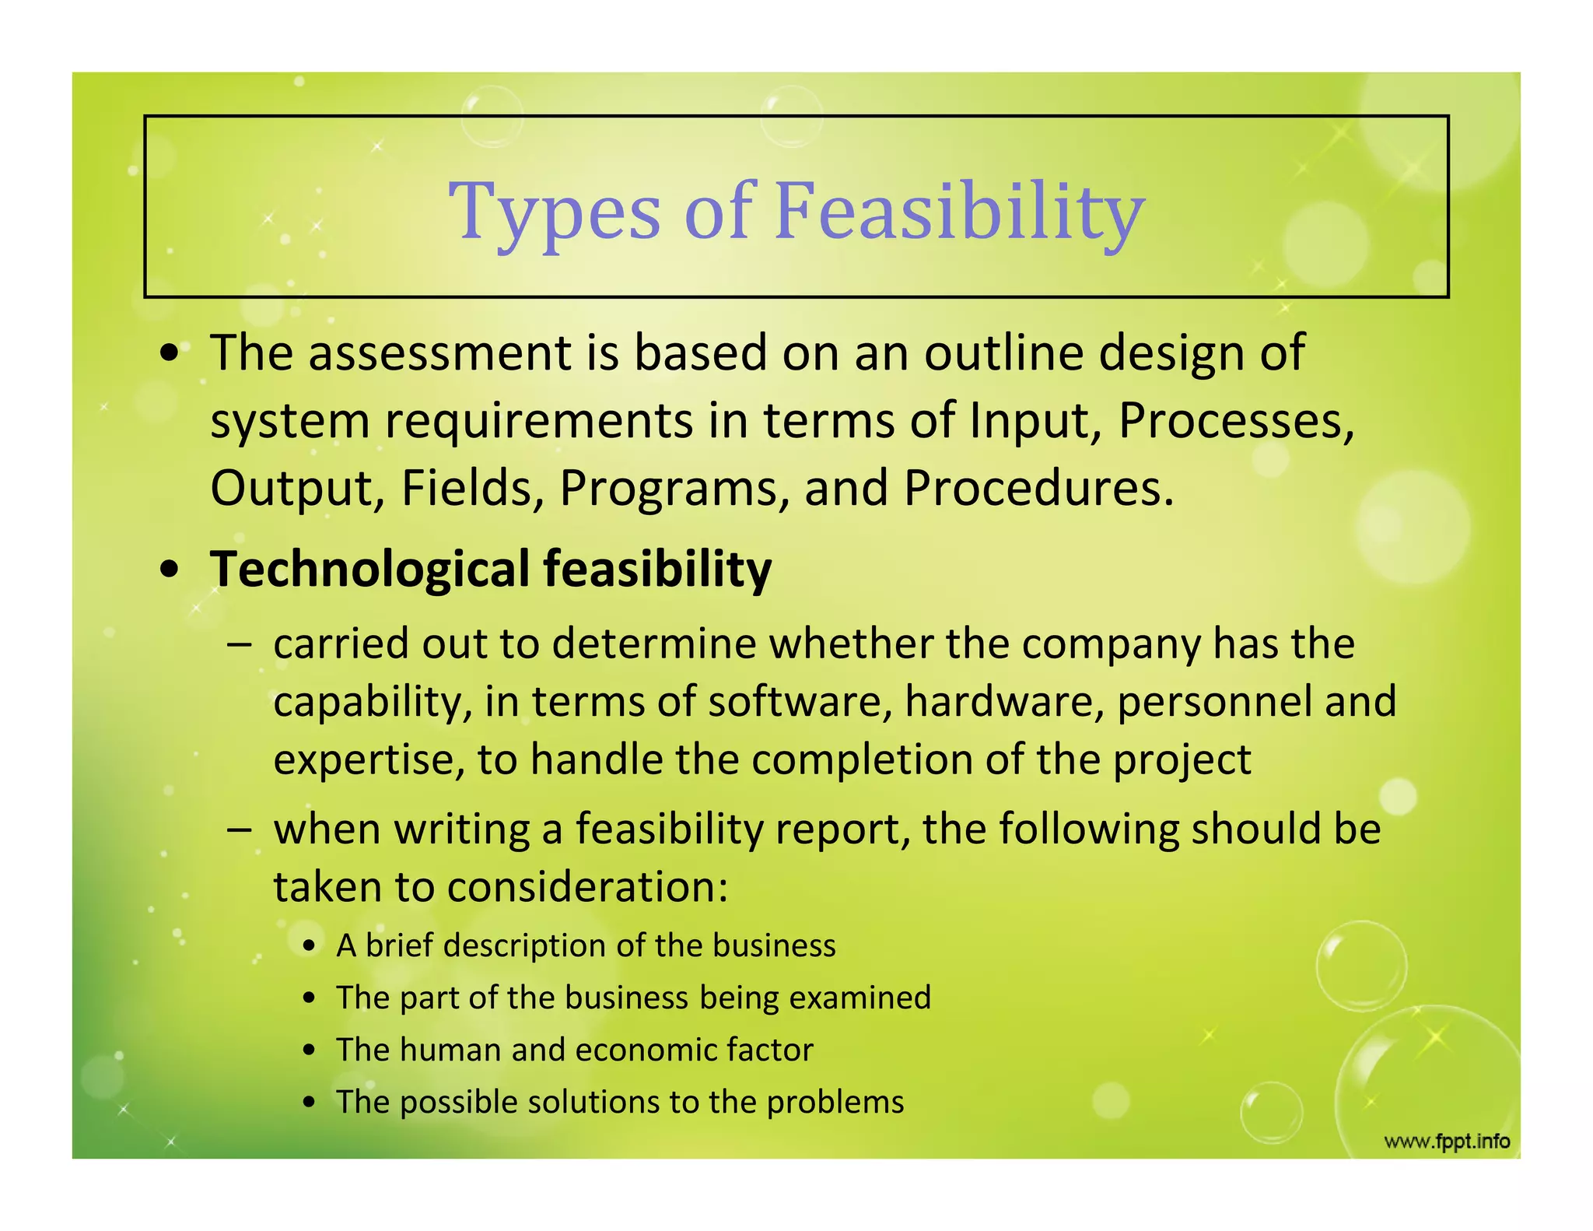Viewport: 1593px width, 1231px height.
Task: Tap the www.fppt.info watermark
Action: [1447, 1142]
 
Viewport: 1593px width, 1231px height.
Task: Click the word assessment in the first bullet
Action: [440, 353]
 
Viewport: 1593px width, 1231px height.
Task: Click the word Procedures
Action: [1038, 489]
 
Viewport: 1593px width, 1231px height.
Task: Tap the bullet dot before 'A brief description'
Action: [310, 947]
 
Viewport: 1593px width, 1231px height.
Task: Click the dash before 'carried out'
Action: [239, 644]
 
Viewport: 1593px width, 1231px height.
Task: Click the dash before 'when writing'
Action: [239, 829]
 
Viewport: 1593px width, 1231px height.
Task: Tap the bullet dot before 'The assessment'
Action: [170, 355]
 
